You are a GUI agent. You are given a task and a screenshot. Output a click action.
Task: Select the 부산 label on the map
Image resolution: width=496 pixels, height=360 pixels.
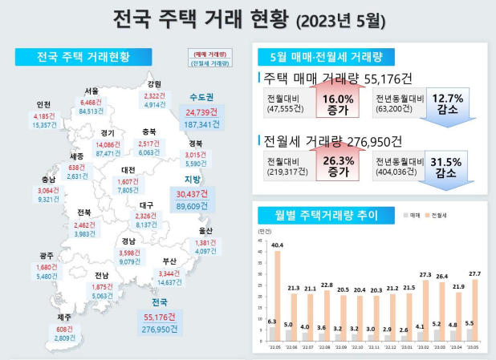click(x=169, y=261)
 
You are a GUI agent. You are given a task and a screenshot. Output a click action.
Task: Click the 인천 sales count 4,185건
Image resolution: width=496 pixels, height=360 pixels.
click(x=46, y=116)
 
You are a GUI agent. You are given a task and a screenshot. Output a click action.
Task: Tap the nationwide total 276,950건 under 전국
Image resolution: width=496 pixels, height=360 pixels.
click(x=161, y=329)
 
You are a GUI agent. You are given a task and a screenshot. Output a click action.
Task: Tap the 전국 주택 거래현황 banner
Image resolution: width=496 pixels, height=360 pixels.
click(x=83, y=57)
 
